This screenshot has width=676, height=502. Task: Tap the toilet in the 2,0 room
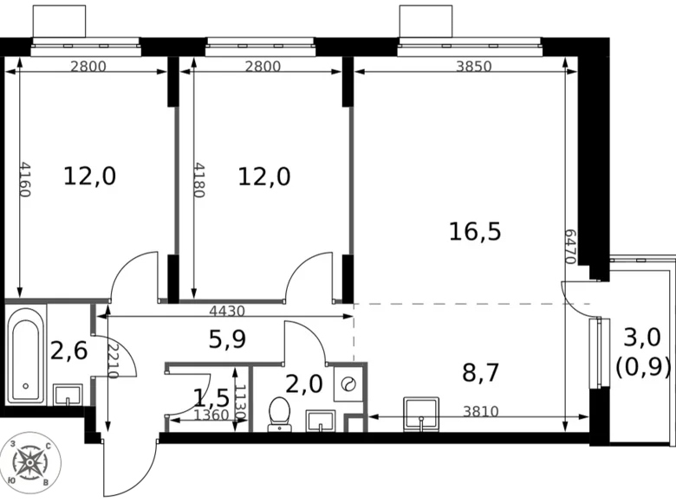[280, 414]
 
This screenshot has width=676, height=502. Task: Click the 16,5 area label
[475, 231]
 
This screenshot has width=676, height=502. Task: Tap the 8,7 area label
[481, 373]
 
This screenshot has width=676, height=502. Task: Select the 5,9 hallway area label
[228, 339]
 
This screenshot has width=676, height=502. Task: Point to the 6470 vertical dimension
[569, 248]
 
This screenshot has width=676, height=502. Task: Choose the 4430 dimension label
[228, 312]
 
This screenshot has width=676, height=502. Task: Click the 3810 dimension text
[481, 412]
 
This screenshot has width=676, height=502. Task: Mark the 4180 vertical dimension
[200, 179]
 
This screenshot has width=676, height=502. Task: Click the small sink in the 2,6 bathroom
[67, 395]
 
